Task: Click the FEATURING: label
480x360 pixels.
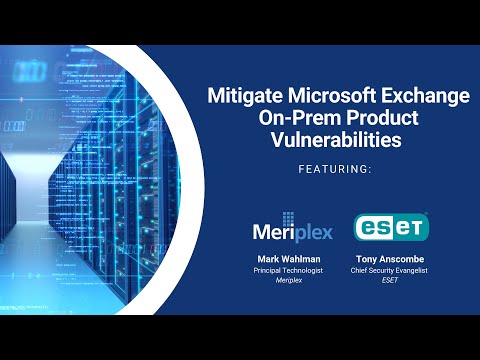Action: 335,170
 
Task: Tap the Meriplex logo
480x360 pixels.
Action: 292,229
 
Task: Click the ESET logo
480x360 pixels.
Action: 391,227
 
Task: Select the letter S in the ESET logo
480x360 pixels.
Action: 382,228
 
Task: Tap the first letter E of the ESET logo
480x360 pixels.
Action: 366,228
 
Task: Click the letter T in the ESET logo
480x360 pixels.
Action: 415,228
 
